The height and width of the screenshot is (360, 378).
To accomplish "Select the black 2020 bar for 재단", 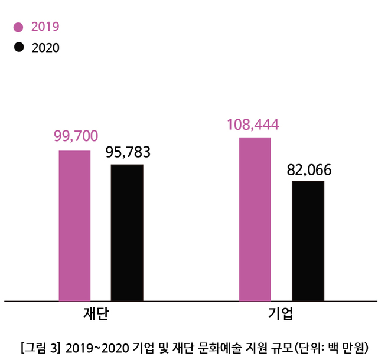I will [127, 233].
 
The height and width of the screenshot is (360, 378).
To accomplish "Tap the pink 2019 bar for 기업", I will [255, 219].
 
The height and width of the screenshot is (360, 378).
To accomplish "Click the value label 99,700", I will [76, 136].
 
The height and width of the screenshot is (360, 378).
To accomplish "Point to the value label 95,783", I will [128, 152].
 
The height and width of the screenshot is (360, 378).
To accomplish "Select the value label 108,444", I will [253, 125].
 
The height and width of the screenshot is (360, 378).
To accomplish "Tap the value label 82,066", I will [309, 170].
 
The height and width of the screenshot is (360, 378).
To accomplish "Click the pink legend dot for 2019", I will [18, 27].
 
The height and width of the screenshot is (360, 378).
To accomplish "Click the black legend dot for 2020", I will [18, 47].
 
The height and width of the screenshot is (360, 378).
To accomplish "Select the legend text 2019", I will [45, 27].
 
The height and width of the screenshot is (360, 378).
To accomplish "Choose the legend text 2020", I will [45, 48].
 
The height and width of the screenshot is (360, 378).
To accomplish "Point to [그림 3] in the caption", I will [40, 346].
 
